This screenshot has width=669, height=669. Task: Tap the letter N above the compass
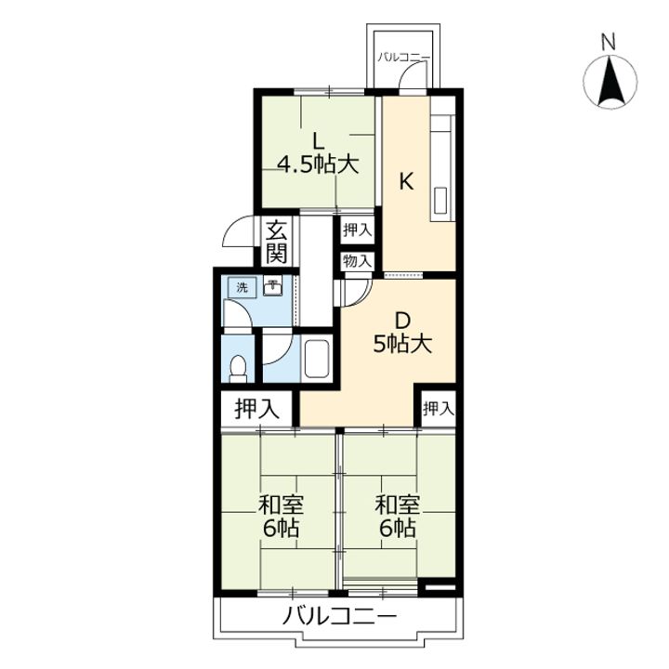[x=609, y=42]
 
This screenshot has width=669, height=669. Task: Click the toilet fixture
[x=238, y=369]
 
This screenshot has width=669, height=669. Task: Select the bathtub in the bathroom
[x=316, y=359]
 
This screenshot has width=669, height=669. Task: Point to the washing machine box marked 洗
[x=242, y=287]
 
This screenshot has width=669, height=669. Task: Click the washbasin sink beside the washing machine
[x=272, y=287]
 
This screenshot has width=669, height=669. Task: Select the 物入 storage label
[x=357, y=261]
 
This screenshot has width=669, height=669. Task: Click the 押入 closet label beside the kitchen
[x=357, y=230]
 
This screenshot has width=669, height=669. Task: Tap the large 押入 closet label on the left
[x=256, y=410]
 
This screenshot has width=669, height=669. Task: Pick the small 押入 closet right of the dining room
[x=439, y=409]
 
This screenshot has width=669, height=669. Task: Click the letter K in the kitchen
[x=406, y=183]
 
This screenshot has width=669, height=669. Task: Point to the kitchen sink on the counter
[x=439, y=200]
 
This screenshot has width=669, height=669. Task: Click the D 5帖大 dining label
[x=402, y=333]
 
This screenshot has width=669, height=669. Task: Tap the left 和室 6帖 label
[x=281, y=516]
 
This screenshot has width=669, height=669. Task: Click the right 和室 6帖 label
[x=398, y=516]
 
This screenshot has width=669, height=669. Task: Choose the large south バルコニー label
[x=340, y=616]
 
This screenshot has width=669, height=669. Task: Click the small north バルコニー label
[x=403, y=58]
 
